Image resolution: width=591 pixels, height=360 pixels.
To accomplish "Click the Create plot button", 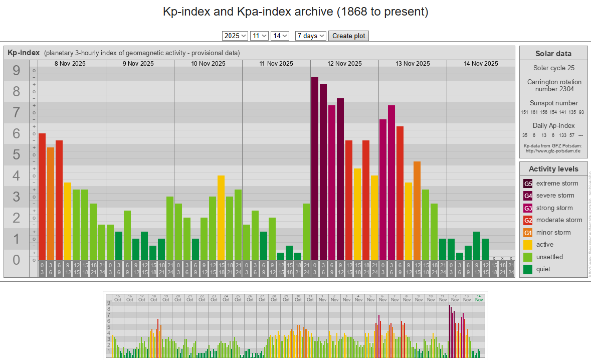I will [349, 36].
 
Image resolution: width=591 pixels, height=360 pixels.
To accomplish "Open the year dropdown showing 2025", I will [235, 36].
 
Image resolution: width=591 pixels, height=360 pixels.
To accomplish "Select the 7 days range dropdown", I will [311, 36].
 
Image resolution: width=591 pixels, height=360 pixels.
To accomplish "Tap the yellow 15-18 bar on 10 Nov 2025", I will [221, 218].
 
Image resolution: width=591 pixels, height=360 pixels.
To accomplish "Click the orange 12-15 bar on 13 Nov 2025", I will [417, 211].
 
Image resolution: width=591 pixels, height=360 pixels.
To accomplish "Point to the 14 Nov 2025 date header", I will [481, 63].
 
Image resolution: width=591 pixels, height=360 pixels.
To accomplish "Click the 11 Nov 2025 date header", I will [276, 63].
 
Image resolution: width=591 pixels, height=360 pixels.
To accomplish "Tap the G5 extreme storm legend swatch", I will [528, 184].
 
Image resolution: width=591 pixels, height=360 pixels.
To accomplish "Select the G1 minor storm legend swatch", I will [528, 233].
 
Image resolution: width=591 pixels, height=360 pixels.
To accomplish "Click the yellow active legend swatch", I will [528, 245].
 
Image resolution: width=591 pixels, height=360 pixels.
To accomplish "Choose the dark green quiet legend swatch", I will [528, 269].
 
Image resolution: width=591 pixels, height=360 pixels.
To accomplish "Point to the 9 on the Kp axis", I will [17, 71].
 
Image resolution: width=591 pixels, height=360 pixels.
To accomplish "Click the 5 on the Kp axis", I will [17, 155].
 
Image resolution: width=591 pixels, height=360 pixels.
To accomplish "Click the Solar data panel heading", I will [553, 54].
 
